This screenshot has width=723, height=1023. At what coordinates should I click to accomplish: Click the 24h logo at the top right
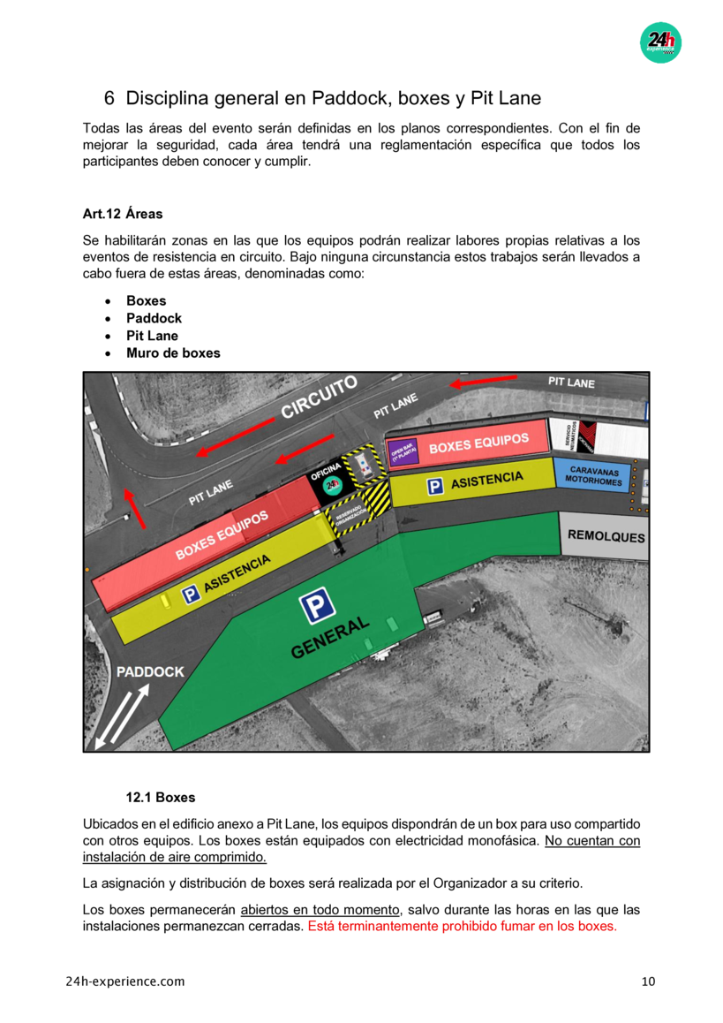coord(660,42)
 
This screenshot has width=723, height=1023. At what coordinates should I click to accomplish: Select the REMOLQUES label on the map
coord(606,536)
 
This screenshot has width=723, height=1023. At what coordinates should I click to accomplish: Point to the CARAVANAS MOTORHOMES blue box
coord(594,476)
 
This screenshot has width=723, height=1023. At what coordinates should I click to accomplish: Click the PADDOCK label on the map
coord(150,671)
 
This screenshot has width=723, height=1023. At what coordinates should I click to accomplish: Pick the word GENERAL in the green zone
coord(330,638)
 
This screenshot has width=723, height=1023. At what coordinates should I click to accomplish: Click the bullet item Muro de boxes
coord(173,353)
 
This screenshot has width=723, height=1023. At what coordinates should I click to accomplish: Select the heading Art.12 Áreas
coord(123,214)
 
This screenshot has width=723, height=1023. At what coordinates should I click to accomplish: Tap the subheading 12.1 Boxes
coord(161,797)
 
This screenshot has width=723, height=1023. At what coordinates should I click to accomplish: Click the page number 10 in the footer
coord(649,981)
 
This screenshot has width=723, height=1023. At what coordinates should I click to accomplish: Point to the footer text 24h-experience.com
coord(125,981)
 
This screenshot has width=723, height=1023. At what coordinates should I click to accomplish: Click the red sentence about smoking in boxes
coord(462,927)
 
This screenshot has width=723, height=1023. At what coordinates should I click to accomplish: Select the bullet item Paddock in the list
coord(154,318)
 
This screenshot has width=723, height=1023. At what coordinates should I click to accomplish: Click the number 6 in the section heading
coord(109,98)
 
